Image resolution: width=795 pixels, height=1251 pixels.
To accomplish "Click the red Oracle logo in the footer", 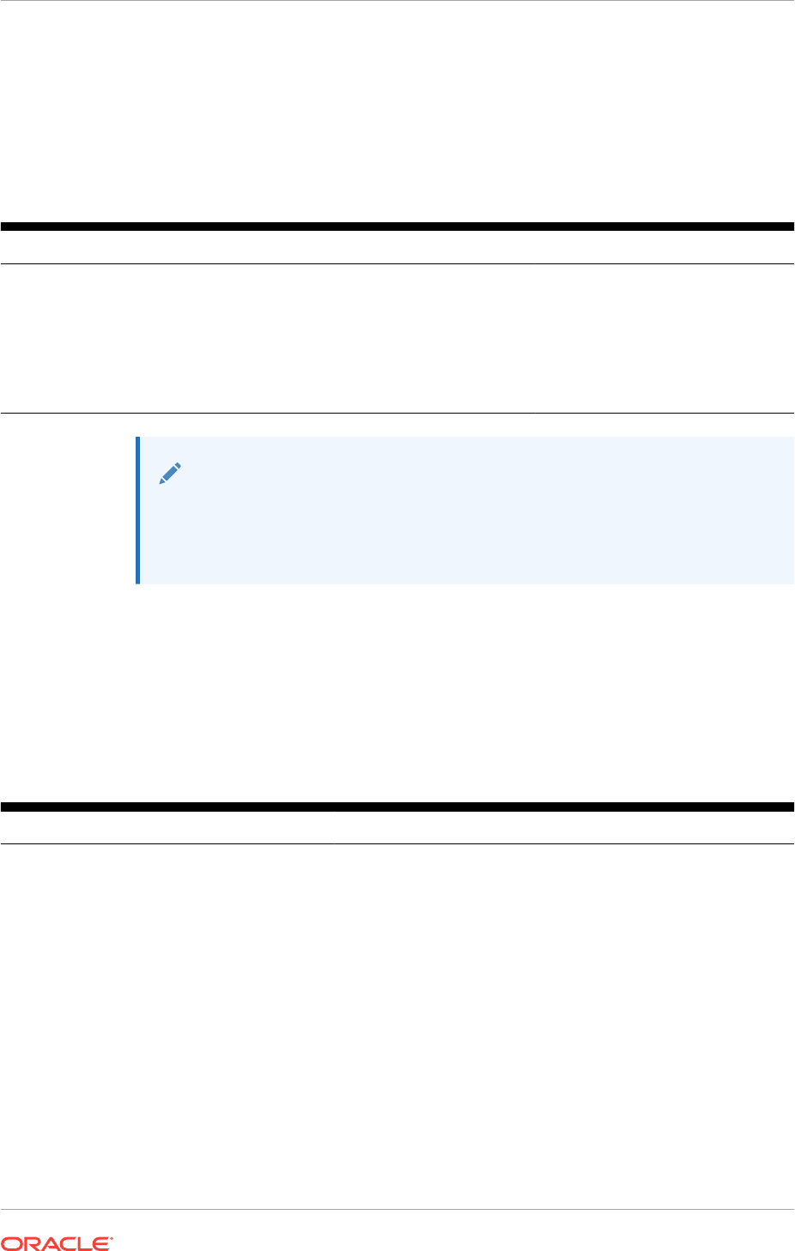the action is [57, 1242].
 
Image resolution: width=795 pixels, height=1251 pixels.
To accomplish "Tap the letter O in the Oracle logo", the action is [11, 1242].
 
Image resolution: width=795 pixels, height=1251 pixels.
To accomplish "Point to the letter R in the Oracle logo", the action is [30, 1242].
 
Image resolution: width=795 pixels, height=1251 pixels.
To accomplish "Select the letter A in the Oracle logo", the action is [48, 1242].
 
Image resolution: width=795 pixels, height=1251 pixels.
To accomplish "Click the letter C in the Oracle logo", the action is [66, 1242].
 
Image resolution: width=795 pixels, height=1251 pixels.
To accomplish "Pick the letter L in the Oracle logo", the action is [84, 1242].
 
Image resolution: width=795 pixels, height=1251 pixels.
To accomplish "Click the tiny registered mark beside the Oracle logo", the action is [112, 1237].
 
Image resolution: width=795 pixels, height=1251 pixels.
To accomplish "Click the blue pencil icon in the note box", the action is [170, 474].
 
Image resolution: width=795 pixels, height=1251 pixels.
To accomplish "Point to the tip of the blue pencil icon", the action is [161, 483].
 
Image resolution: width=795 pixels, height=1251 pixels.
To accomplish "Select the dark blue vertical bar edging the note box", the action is [137, 510].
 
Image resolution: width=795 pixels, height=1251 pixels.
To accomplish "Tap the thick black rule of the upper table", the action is [397, 227].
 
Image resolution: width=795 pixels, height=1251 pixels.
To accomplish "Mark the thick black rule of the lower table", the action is [397, 807].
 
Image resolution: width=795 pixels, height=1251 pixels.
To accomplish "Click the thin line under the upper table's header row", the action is [397, 263].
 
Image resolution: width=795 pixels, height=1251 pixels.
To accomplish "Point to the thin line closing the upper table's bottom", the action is [397, 414].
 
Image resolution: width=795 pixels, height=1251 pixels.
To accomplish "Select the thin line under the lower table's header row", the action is [397, 843].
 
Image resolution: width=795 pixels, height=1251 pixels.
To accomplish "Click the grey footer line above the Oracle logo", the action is [397, 1210].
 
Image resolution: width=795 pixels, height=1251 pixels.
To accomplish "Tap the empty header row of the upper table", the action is [397, 247].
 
